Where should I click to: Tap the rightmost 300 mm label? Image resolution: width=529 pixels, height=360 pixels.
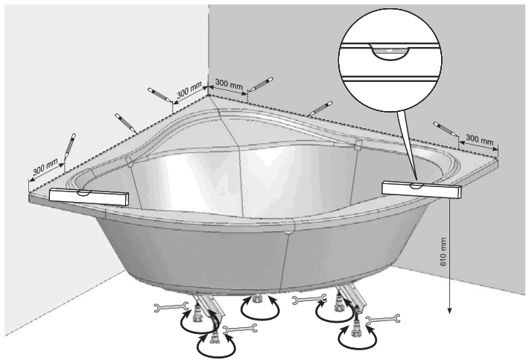[x=479, y=139]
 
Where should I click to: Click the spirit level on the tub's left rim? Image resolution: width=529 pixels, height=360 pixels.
[x=89, y=197]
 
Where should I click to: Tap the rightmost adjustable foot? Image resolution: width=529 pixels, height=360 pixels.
[x=361, y=326]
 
